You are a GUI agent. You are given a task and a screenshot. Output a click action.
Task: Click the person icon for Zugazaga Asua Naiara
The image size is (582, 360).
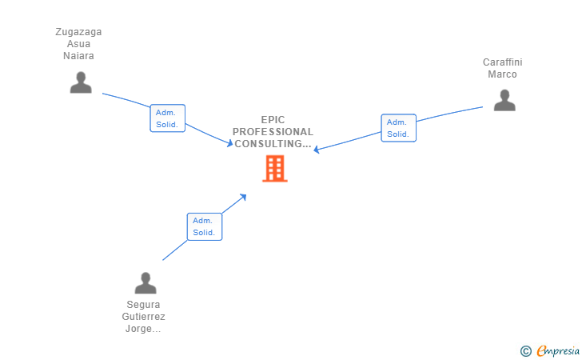pos(81,82)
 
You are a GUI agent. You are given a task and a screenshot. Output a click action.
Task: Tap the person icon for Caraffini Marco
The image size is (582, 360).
pos(504,101)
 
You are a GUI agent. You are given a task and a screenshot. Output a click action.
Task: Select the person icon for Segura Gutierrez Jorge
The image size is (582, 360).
pos(145,283)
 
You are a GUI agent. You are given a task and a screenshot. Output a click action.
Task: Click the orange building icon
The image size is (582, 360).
pos(274,168)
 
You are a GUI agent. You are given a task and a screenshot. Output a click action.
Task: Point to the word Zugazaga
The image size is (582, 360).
pos(78,32)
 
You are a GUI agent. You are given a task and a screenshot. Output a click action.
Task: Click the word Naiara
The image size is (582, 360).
pos(78,56)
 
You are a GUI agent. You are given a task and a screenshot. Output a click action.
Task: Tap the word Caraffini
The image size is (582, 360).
pos(502,62)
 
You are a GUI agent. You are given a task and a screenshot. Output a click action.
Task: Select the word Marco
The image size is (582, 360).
pos(502,74)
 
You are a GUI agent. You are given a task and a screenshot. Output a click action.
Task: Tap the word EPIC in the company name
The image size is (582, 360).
pos(273,120)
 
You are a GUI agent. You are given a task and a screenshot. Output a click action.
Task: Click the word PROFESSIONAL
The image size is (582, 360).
pos(273,132)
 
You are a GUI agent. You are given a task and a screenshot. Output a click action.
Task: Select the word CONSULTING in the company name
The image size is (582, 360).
pos(269,144)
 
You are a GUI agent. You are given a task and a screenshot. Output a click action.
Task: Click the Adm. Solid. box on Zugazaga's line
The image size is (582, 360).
pos(168,118)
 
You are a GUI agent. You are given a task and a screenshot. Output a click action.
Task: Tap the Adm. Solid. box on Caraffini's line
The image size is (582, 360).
pos(398,128)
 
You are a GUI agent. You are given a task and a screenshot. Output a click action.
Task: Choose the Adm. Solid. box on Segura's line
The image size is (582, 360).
pos(204,226)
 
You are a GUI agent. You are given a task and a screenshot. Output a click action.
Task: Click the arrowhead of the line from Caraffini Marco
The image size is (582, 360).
pos(317,150)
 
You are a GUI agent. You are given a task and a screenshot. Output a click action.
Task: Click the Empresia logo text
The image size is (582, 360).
pos(557,350)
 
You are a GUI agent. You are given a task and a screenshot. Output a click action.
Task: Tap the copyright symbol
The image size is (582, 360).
pos(525,350)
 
